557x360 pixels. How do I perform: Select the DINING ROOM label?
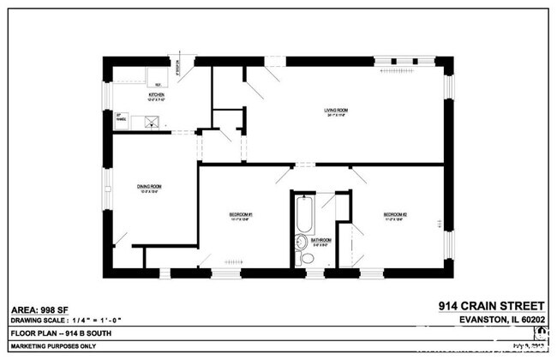click(149, 188)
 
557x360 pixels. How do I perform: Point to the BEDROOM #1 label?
click(241, 215)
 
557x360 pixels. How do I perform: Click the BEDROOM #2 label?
click(394, 215)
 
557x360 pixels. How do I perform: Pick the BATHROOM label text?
click(321, 241)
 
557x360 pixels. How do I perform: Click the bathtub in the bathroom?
click(301, 215)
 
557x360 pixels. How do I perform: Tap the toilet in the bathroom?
click(305, 258)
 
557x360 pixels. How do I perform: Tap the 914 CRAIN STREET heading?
click(491, 305)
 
